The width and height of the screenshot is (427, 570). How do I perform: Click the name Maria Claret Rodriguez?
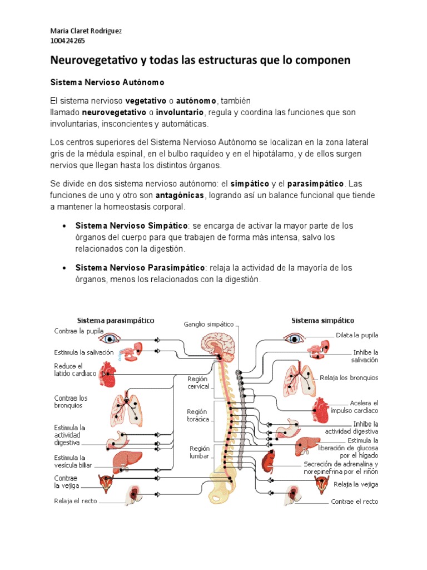[x=86, y=31]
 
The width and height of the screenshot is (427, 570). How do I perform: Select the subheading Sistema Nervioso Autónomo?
[x=107, y=82]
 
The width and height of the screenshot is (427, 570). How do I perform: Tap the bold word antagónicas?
[x=180, y=195]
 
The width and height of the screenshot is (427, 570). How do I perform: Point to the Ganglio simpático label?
[x=208, y=324]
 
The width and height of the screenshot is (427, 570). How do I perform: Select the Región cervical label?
[x=198, y=382]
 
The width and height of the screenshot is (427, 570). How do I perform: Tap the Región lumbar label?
[x=199, y=451]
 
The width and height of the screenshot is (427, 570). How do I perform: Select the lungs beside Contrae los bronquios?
[x=128, y=407]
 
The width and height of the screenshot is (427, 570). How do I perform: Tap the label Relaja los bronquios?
[x=349, y=378]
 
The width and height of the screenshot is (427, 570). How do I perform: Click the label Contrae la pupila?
[x=78, y=331]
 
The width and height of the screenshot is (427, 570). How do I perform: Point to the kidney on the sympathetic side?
[x=270, y=460]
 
